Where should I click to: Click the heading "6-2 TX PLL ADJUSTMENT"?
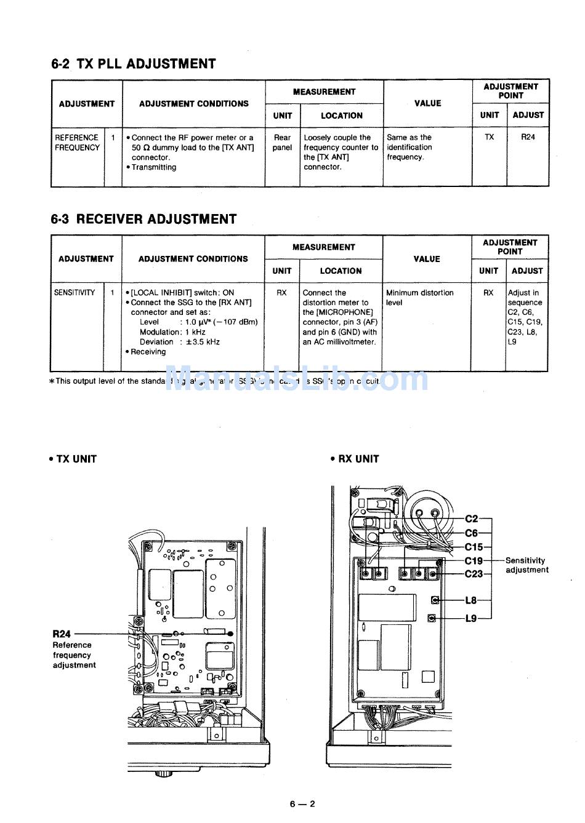point(134,64)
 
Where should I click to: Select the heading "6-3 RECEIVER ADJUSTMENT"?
point(143,220)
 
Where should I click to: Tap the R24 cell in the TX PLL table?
point(528,137)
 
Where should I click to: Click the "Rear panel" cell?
point(282,143)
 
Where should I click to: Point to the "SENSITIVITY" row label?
point(75,293)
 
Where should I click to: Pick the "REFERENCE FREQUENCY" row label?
point(77,143)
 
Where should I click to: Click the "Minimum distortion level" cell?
point(419,298)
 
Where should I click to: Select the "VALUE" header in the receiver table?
point(427,259)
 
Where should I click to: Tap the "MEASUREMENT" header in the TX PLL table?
point(324,92)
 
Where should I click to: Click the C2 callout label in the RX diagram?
point(471,519)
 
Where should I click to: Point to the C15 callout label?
point(474,547)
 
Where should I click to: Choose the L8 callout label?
point(471,600)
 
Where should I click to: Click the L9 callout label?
point(471,618)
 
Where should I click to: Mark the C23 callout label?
point(474,574)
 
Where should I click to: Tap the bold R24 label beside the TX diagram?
point(62,634)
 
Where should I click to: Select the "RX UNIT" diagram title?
point(355,459)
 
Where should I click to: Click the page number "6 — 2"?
point(302,804)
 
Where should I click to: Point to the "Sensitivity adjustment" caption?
point(526,565)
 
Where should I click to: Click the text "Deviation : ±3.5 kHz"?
point(180,342)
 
